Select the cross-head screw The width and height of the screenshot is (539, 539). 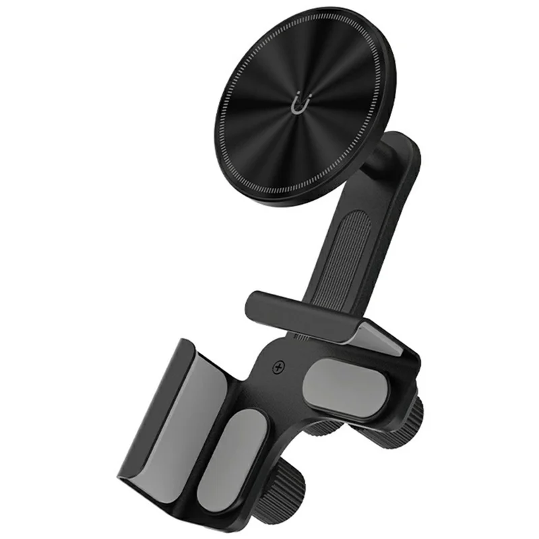[x=278, y=368]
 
